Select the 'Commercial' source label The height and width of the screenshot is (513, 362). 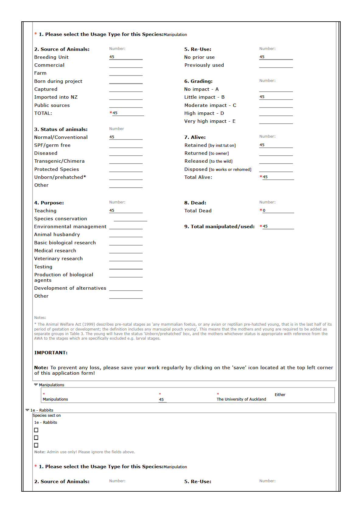(x=49, y=65)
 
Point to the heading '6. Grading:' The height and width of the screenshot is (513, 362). (x=198, y=81)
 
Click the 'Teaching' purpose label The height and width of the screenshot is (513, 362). (x=45, y=211)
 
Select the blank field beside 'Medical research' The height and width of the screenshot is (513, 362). (x=126, y=251)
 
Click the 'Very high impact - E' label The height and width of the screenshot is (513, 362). (x=210, y=121)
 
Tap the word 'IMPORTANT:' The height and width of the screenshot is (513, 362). (x=51, y=353)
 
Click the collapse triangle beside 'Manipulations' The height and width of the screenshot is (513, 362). (x=36, y=385)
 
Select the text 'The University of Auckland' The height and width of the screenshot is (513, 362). (x=241, y=399)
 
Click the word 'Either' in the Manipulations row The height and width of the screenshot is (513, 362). (x=280, y=395)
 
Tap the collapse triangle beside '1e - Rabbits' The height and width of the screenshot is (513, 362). (x=27, y=410)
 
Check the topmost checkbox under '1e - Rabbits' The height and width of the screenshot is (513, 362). (x=36, y=430)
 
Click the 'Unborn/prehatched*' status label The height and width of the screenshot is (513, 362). (x=60, y=177)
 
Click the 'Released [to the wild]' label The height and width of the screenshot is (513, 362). (x=208, y=161)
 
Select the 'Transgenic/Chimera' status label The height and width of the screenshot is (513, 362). (x=59, y=161)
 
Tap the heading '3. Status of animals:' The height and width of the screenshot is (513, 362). (x=61, y=129)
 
